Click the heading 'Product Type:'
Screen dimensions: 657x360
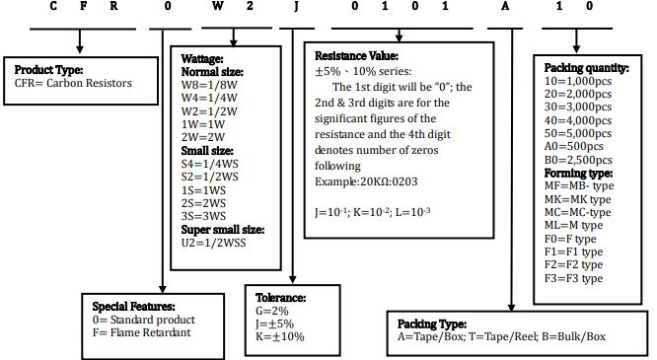(x=48, y=70)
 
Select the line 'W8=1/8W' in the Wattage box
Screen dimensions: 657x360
(x=209, y=85)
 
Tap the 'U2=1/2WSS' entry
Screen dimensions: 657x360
(x=213, y=243)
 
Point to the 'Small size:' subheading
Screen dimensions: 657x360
(x=207, y=151)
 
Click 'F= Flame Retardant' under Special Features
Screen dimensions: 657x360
(x=142, y=332)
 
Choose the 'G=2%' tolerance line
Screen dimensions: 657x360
(x=272, y=311)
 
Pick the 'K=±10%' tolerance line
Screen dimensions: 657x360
(x=280, y=336)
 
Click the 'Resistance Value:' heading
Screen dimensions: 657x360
(x=356, y=56)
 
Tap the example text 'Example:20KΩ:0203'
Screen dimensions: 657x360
(x=366, y=181)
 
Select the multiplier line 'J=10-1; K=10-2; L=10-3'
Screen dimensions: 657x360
(x=373, y=212)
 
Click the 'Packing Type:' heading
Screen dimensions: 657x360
(x=431, y=324)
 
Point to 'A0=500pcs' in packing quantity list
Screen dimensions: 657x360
(x=573, y=146)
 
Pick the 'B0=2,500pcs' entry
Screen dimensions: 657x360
(x=578, y=160)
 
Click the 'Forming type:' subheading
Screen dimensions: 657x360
(x=578, y=173)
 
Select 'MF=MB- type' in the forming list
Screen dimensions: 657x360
(x=579, y=185)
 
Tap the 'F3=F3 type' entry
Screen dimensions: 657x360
(x=573, y=278)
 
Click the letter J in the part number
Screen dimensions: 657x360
(x=296, y=6)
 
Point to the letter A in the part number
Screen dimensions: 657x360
(x=505, y=6)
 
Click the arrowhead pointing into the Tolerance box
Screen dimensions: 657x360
(x=293, y=279)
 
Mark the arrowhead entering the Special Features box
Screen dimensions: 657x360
(x=163, y=289)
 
